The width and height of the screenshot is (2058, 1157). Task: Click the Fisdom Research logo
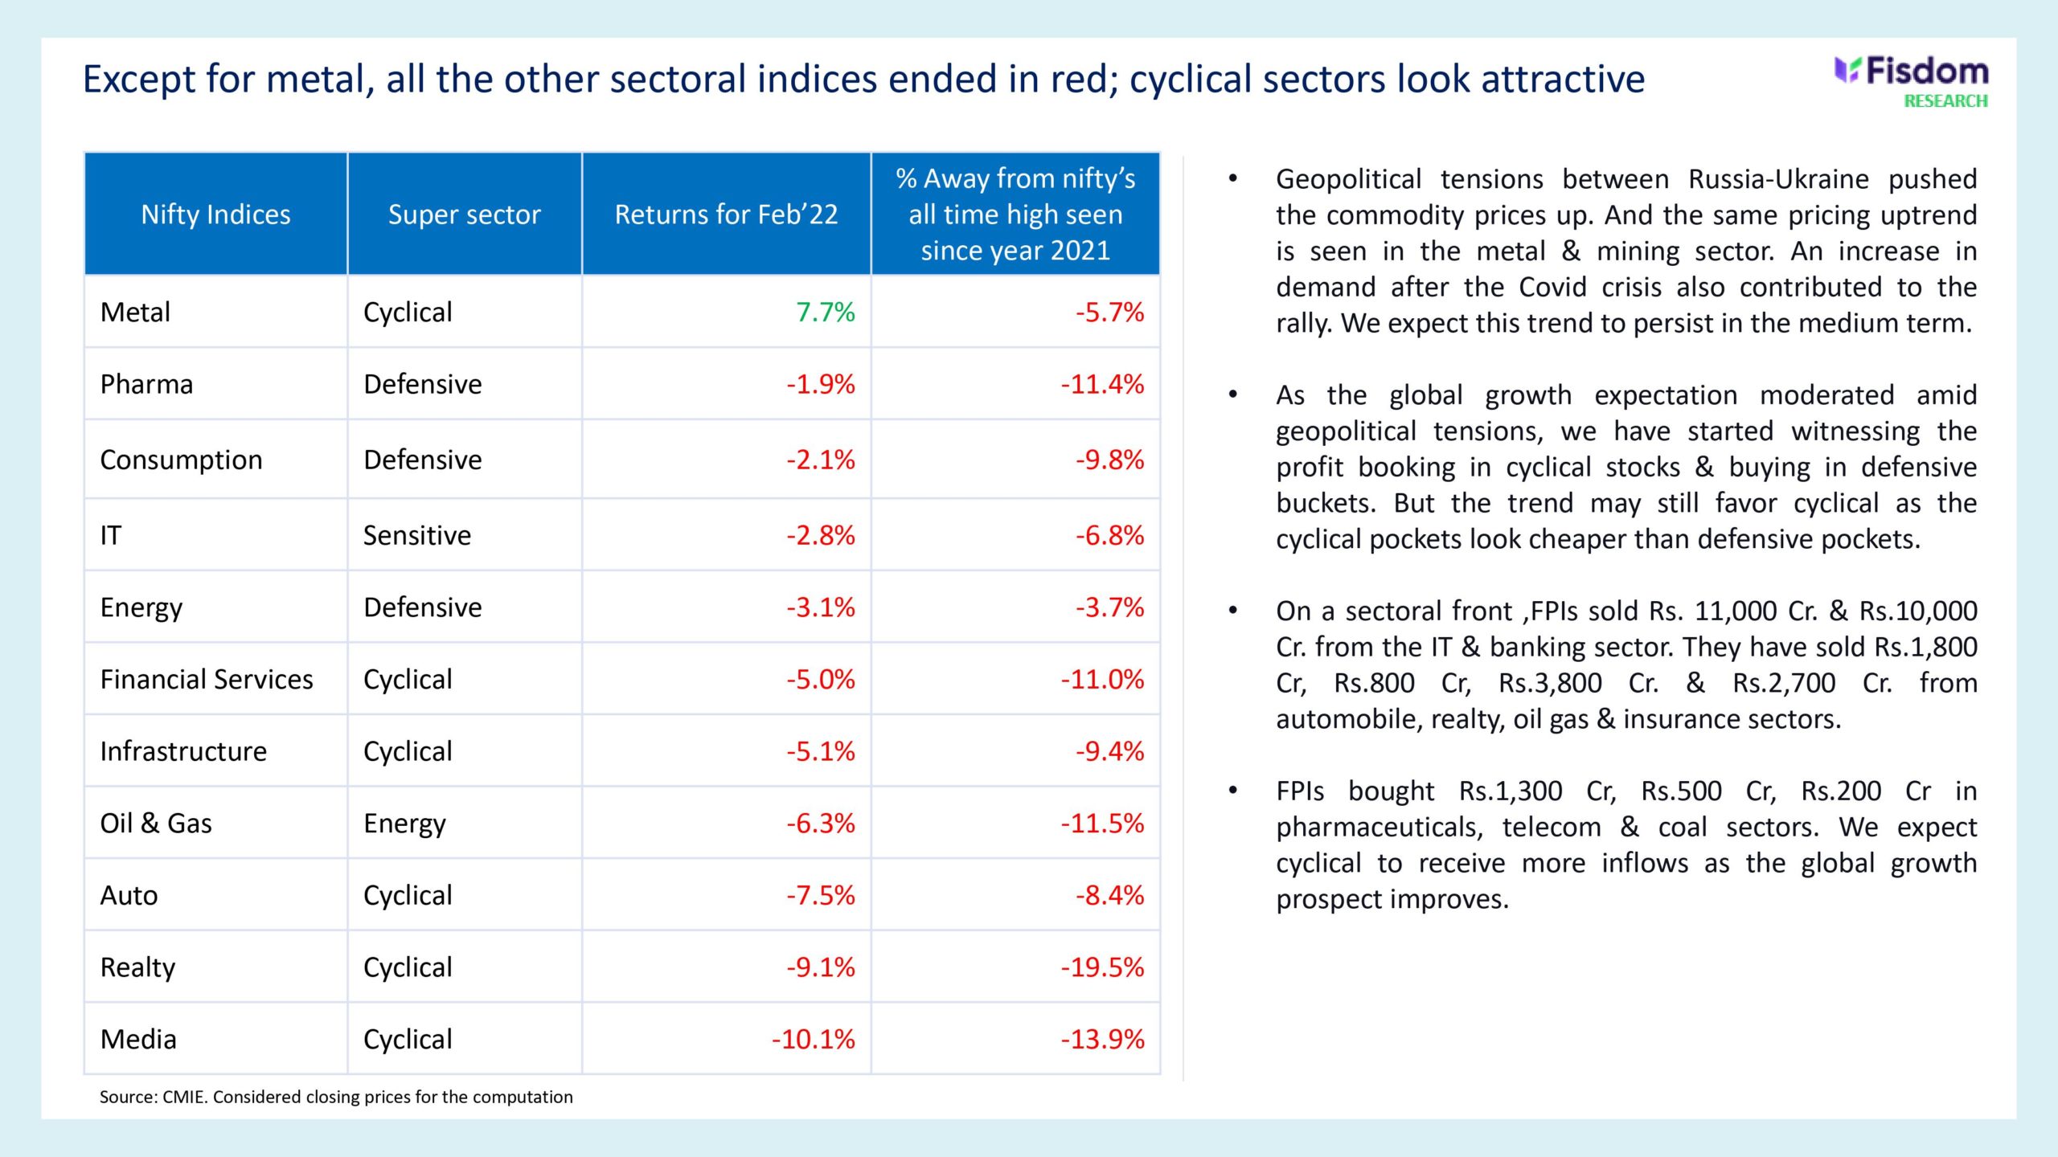point(1912,81)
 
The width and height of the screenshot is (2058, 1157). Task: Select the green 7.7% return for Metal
point(825,312)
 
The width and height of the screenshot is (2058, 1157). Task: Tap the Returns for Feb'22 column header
point(726,215)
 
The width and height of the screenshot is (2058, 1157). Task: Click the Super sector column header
point(464,215)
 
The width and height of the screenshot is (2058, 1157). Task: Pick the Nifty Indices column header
point(215,215)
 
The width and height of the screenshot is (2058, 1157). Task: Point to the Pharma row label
point(146,384)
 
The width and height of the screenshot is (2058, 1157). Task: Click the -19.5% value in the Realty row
point(1102,967)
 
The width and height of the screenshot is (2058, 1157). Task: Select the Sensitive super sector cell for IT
point(416,535)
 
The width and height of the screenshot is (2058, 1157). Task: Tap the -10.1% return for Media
point(813,1040)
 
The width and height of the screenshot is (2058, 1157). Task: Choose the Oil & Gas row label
point(156,824)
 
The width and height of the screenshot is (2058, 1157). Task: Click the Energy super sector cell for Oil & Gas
point(404,824)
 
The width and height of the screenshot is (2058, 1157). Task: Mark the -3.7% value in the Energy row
point(1109,607)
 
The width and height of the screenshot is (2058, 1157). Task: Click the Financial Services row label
point(207,680)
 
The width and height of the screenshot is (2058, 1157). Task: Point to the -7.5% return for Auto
point(820,895)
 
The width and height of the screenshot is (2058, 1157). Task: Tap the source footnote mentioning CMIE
point(336,1097)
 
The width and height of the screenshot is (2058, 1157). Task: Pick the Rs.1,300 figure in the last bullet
point(1511,791)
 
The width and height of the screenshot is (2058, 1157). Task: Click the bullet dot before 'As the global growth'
point(1232,395)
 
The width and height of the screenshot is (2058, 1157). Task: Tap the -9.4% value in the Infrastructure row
point(1109,751)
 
